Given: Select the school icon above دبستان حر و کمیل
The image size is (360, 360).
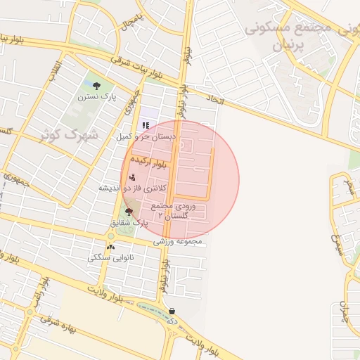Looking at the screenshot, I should [x=145, y=125].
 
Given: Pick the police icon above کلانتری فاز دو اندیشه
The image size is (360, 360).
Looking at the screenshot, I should [x=133, y=177].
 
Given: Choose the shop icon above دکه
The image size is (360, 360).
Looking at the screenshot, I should [x=172, y=311].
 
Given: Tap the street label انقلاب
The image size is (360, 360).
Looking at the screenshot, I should [x=54, y=70].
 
